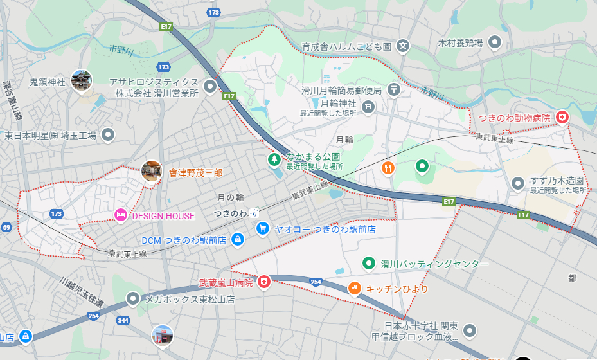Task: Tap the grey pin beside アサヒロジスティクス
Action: [x=210, y=86]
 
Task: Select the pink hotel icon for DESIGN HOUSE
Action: [x=120, y=215]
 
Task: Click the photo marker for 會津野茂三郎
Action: [x=152, y=172]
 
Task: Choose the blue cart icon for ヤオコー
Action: [x=262, y=228]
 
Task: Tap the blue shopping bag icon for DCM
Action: [x=237, y=239]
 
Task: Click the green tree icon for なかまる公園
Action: [x=274, y=158]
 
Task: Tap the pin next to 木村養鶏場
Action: [x=495, y=42]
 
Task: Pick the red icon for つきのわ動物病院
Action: [x=562, y=117]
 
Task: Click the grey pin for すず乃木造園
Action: [x=517, y=184]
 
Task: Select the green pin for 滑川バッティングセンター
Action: [x=368, y=263]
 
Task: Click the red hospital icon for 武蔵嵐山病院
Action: [x=263, y=282]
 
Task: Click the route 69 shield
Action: [x=6, y=228]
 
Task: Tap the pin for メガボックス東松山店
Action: [x=133, y=298]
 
